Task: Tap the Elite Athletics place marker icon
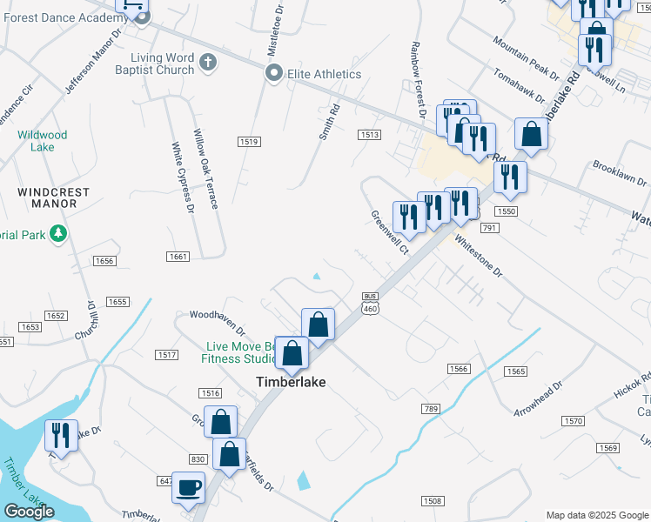(274, 74)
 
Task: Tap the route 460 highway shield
(370, 311)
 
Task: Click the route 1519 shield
(249, 141)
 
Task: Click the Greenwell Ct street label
(390, 232)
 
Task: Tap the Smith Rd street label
(328, 121)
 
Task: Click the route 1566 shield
(459, 369)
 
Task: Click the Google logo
(30, 512)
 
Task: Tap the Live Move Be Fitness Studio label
(233, 352)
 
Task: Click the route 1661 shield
(178, 257)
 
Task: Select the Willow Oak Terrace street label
(205, 170)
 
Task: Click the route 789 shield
(430, 408)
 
